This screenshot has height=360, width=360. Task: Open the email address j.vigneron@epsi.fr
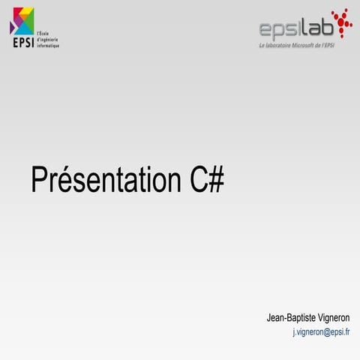coord(321,331)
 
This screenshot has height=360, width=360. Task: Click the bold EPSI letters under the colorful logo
coord(22,42)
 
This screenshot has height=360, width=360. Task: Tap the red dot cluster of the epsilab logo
coord(341,24)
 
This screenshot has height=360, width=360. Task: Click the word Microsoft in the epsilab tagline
coord(307,46)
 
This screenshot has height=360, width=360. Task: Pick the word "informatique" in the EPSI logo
coord(47,46)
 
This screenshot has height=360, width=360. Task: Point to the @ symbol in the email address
coord(327,331)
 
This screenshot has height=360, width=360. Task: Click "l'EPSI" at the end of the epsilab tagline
coord(337,46)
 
